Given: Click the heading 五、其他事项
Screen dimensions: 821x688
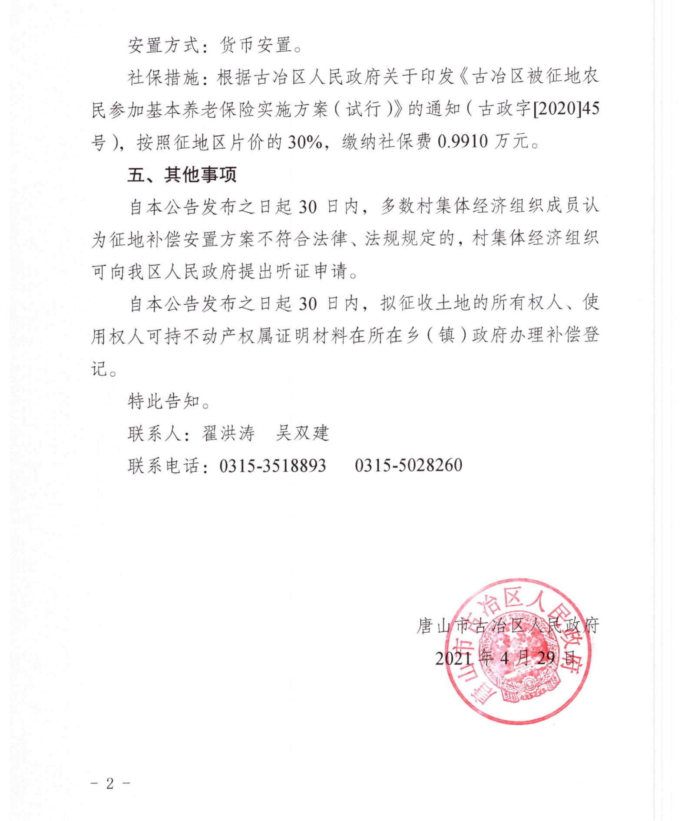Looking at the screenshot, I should point(182,174).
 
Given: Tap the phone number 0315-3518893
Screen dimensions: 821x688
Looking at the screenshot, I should point(272,466).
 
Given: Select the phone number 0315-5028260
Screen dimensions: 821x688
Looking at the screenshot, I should point(408,466).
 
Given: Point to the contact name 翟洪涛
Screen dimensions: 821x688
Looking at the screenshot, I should point(228,433).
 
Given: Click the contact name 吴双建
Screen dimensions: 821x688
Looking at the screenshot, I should point(302,433).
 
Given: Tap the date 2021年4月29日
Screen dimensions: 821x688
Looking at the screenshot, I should point(507,658).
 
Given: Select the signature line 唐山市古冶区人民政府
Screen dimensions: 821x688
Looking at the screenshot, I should point(508,626).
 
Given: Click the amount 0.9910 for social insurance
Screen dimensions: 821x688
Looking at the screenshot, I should point(463,141).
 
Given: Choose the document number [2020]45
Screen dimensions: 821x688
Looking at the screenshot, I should point(566,108).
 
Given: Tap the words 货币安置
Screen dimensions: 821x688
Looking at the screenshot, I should point(255,45).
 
